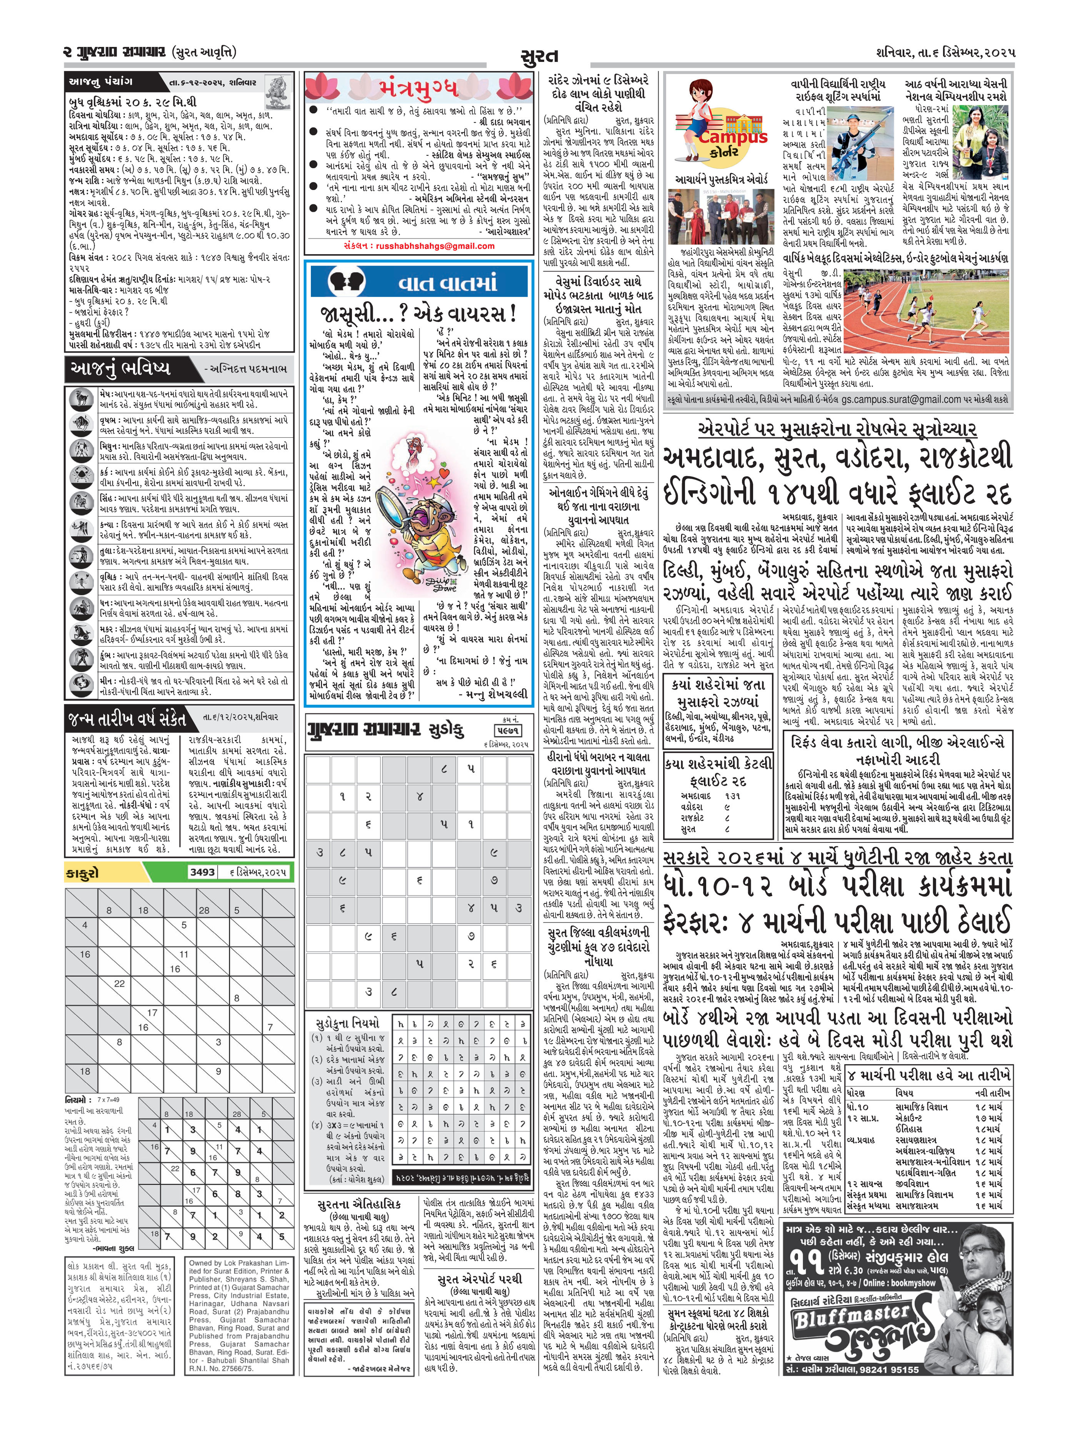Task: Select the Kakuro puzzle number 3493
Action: click(x=202, y=872)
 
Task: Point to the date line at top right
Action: click(x=946, y=52)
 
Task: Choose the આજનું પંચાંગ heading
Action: click(x=101, y=82)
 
